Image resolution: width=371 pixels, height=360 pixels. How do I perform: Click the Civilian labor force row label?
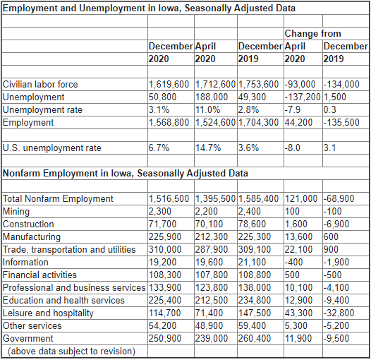click(x=40, y=84)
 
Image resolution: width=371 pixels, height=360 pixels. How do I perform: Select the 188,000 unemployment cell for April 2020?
click(x=212, y=97)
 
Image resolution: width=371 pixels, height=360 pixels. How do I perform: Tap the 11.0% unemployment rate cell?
click(x=208, y=110)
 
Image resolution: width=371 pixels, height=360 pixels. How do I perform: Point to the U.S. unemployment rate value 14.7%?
click(x=208, y=148)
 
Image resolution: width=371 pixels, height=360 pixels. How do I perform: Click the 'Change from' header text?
click(x=312, y=34)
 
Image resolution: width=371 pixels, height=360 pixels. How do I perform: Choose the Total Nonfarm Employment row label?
click(x=58, y=199)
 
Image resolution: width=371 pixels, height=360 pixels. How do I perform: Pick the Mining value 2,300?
click(x=159, y=212)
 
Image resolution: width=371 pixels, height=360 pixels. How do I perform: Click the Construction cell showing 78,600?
click(x=252, y=224)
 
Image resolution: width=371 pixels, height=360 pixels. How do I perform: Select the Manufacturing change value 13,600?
click(x=298, y=237)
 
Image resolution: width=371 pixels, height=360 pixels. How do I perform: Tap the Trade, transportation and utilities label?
click(x=69, y=250)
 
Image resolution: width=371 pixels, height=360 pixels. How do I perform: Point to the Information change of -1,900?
click(x=336, y=263)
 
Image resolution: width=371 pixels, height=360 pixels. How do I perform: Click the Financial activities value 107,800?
click(x=212, y=275)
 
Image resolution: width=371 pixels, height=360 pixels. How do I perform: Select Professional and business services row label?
click(x=74, y=288)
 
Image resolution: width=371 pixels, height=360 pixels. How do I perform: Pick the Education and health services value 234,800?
click(x=255, y=301)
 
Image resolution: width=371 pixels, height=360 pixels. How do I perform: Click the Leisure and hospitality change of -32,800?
click(x=339, y=313)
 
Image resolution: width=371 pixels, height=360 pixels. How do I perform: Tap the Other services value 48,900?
click(x=209, y=326)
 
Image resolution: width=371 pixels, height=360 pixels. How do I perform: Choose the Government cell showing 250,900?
click(x=165, y=339)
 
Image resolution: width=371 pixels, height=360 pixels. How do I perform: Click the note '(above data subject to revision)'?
click(x=71, y=352)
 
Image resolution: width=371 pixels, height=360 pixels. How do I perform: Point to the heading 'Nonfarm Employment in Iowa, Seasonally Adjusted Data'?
click(x=126, y=174)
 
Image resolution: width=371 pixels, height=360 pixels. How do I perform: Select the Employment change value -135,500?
click(x=341, y=122)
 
